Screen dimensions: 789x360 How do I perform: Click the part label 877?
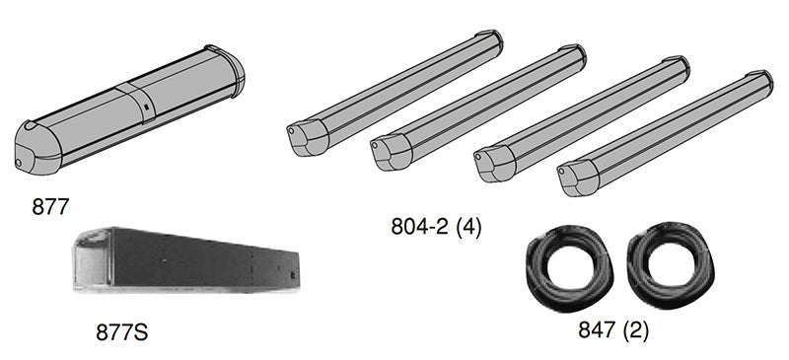click(x=50, y=206)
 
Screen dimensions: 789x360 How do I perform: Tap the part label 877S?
click(x=121, y=332)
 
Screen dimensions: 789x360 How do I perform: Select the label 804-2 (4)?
click(x=436, y=227)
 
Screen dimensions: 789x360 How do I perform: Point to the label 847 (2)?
click(x=613, y=330)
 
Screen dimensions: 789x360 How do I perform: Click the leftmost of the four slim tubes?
click(x=394, y=93)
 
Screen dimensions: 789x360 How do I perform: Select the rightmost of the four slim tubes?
click(x=665, y=133)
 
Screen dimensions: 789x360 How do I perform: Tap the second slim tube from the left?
click(x=478, y=108)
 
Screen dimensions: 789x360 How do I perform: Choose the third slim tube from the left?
click(x=582, y=118)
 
